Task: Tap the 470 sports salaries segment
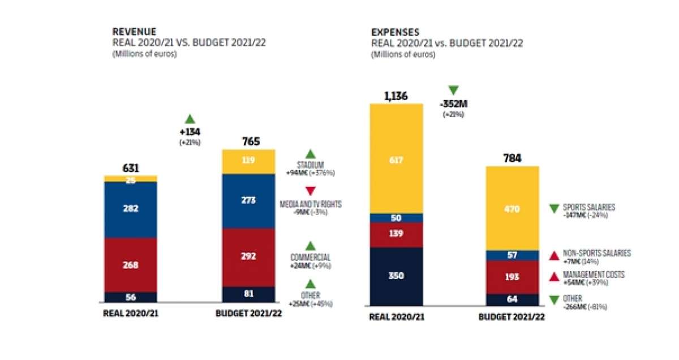click(x=512, y=208)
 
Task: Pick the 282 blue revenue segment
click(x=131, y=209)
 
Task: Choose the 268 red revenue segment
click(x=131, y=264)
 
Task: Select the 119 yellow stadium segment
click(x=248, y=161)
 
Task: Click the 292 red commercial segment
click(x=248, y=256)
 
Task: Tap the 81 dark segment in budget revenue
click(x=248, y=294)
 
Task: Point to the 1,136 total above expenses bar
click(x=396, y=96)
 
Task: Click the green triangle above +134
click(x=190, y=119)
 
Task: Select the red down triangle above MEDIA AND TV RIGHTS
click(x=310, y=191)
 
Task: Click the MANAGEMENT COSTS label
click(x=594, y=275)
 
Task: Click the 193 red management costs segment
click(x=512, y=277)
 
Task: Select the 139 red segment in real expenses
click(x=396, y=234)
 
